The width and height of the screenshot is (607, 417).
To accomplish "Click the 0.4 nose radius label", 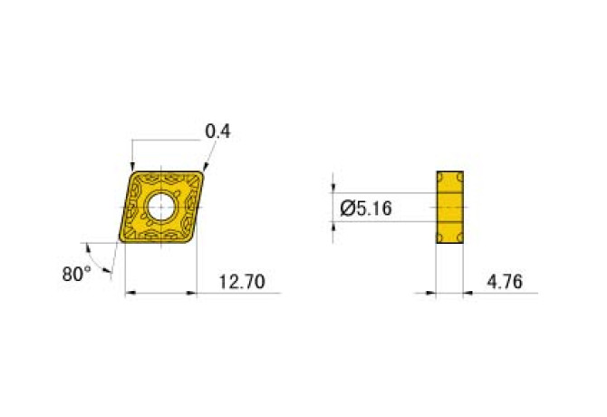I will (218, 131).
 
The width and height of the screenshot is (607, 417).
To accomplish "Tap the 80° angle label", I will (77, 274).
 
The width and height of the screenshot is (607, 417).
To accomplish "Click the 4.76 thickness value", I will (505, 283).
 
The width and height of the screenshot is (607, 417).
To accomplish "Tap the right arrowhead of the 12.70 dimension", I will (193, 293).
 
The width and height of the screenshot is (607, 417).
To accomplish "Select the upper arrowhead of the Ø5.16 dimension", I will (333, 187).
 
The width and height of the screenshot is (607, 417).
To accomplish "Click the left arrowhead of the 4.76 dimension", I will (432, 293).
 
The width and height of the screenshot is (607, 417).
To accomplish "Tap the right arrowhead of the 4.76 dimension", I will (467, 293).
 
